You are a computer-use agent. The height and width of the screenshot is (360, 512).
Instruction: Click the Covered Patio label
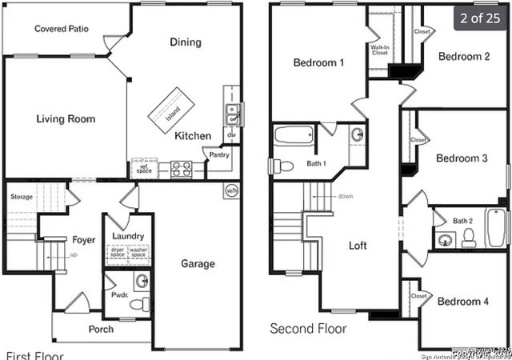[x=62, y=29]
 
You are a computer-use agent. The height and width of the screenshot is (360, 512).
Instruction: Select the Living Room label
[x=66, y=119]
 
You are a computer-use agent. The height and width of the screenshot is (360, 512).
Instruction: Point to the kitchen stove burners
[x=181, y=169]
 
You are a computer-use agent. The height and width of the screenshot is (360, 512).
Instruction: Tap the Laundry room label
[x=128, y=236]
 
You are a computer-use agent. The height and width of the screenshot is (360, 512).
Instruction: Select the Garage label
[x=198, y=263]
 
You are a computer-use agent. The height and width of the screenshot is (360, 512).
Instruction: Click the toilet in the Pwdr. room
[x=139, y=303]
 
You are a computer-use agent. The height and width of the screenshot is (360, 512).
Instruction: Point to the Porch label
[x=101, y=329]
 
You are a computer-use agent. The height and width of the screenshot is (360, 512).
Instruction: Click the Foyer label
[x=84, y=239]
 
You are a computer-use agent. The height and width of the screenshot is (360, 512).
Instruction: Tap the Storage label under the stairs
[x=22, y=197]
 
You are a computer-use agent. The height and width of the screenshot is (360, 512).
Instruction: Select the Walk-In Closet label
[x=381, y=50]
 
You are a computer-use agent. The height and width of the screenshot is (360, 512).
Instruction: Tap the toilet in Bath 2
[x=470, y=237]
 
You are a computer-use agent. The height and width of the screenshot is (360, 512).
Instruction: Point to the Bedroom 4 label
[x=463, y=301]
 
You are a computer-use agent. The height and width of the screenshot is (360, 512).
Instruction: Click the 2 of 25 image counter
[x=480, y=17]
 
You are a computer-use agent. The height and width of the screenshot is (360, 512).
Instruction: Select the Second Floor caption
[x=308, y=328]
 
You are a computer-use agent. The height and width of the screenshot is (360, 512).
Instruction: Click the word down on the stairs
[x=346, y=196]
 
